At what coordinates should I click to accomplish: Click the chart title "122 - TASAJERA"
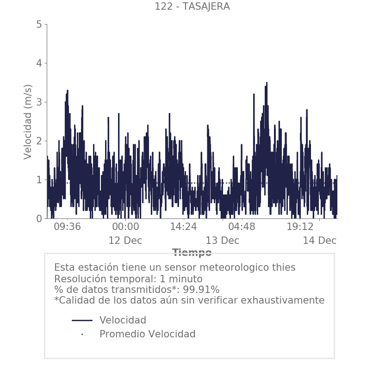tap(192, 6)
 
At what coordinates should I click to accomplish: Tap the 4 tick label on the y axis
tap(39, 63)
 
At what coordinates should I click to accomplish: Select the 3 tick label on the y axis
tap(39, 102)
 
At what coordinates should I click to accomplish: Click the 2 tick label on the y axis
tap(39, 141)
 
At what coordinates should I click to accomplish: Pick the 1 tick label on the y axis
tap(39, 180)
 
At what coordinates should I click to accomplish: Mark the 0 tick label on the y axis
tap(39, 218)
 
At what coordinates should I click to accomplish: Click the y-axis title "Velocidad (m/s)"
tap(28, 122)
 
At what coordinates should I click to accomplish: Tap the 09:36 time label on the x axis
tap(68, 227)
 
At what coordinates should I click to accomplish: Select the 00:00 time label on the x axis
tap(125, 227)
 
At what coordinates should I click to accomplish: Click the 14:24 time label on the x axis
tap(184, 227)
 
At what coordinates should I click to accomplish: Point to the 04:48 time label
tap(242, 227)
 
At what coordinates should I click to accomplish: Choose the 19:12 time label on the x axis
tap(300, 227)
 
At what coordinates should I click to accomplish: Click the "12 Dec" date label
tap(125, 241)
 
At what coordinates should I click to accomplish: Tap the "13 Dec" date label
tap(223, 241)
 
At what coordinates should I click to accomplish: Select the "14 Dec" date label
tap(319, 241)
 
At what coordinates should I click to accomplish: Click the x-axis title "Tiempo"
tap(192, 253)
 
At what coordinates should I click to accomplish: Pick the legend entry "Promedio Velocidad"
tap(147, 334)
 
